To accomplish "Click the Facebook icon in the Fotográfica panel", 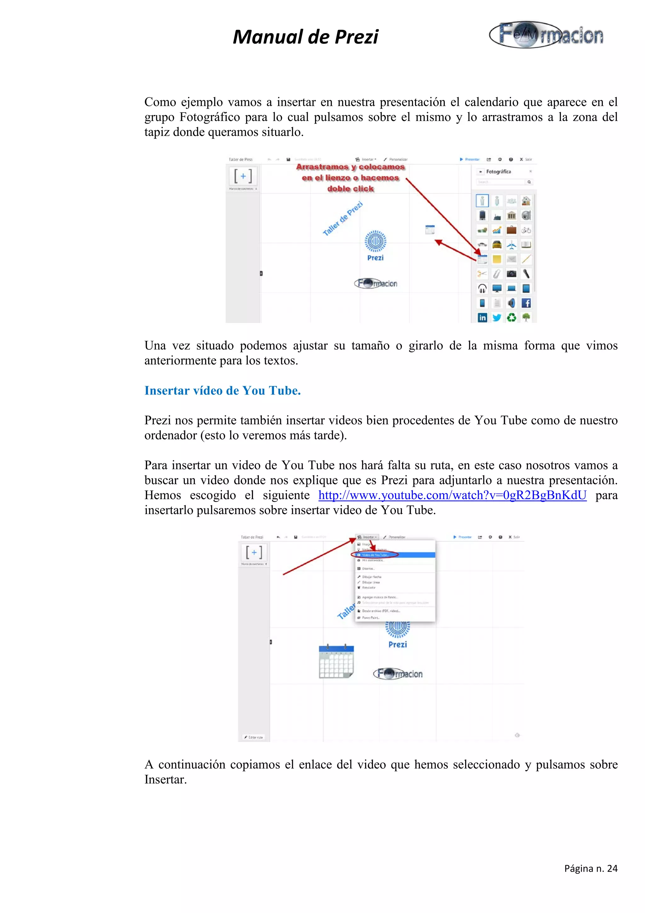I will click(x=526, y=303).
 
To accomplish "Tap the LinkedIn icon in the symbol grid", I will click(x=482, y=317).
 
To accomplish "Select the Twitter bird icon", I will click(x=497, y=317).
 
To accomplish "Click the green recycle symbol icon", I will click(x=511, y=317).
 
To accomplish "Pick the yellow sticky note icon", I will click(x=497, y=259).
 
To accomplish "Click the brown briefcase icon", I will click(x=511, y=230).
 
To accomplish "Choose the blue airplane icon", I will click(x=511, y=244).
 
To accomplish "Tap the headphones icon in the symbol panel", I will click(x=482, y=288).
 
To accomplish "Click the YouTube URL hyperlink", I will click(x=452, y=495).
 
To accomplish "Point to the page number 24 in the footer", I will click(x=591, y=869).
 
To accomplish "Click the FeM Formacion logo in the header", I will click(x=547, y=35).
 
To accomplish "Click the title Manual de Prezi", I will click(x=305, y=37).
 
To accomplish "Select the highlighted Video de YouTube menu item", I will click(x=375, y=555).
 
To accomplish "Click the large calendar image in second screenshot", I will click(x=336, y=661).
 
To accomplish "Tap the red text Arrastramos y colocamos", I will click(x=350, y=167).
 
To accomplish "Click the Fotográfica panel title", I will click(x=498, y=172).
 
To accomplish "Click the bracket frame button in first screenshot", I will click(x=243, y=176).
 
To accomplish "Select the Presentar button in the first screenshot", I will click(x=470, y=159).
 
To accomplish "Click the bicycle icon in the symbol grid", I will click(x=526, y=230).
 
